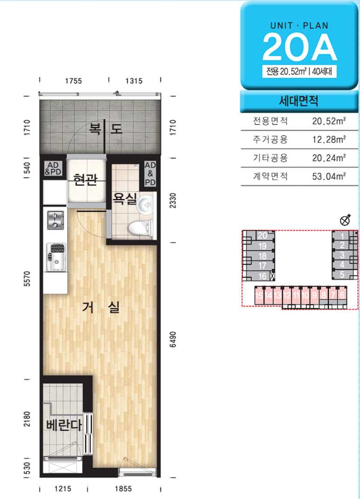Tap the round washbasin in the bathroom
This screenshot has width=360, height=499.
tap(145, 204)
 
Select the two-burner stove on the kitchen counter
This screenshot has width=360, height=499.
tap(55, 220)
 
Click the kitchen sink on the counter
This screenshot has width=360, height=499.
tap(56, 257)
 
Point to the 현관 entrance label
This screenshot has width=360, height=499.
tap(85, 180)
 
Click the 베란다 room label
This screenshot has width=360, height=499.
tap(64, 425)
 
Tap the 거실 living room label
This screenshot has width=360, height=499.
tap(101, 307)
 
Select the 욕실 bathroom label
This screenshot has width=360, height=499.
tap(124, 199)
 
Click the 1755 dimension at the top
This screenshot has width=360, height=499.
tap(74, 81)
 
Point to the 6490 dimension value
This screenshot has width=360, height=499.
tap(172, 339)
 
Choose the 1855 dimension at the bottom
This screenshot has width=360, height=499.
tap(123, 488)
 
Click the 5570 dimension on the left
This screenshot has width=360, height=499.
tap(27, 279)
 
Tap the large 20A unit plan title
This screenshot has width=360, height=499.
tap(299, 48)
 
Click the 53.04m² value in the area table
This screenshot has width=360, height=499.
tap(329, 176)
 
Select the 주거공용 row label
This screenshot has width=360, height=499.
tap(270, 139)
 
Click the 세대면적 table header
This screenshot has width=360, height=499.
tap(299, 101)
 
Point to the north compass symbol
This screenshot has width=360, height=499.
tap(346, 220)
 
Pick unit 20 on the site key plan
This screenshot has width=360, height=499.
tap(262, 236)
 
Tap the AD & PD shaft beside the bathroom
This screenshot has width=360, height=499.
tap(150, 174)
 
